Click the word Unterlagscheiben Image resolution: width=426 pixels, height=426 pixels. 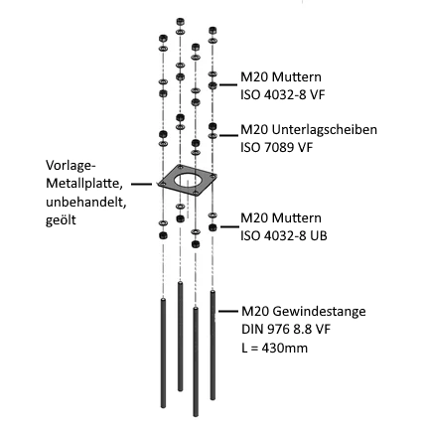[325, 130]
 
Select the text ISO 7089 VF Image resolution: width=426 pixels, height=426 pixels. [276, 147]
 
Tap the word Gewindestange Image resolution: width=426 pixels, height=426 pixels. [319, 312]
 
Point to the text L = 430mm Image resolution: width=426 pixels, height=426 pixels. [274, 348]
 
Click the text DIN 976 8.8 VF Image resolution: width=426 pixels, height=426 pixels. [286, 330]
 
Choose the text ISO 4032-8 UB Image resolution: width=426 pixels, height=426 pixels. [284, 236]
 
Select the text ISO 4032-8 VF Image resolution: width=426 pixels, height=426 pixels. [283, 95]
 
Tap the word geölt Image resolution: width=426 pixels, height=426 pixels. [61, 220]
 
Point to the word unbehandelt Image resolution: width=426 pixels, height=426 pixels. [86, 202]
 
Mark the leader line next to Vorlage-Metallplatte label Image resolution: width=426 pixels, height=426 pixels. [142, 184]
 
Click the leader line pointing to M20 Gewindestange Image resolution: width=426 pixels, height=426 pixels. [228, 311]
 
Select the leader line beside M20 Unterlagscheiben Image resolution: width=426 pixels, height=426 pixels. [228, 135]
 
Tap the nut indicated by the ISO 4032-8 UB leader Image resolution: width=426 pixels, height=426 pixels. [213, 227]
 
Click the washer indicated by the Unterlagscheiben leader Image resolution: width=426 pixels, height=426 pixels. [213, 136]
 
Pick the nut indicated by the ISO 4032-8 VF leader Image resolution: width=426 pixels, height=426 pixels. [213, 85]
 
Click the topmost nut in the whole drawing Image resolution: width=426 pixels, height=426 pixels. [181, 22]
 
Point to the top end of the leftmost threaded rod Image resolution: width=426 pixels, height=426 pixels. [163, 299]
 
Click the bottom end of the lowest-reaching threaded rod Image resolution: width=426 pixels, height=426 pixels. [196, 415]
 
